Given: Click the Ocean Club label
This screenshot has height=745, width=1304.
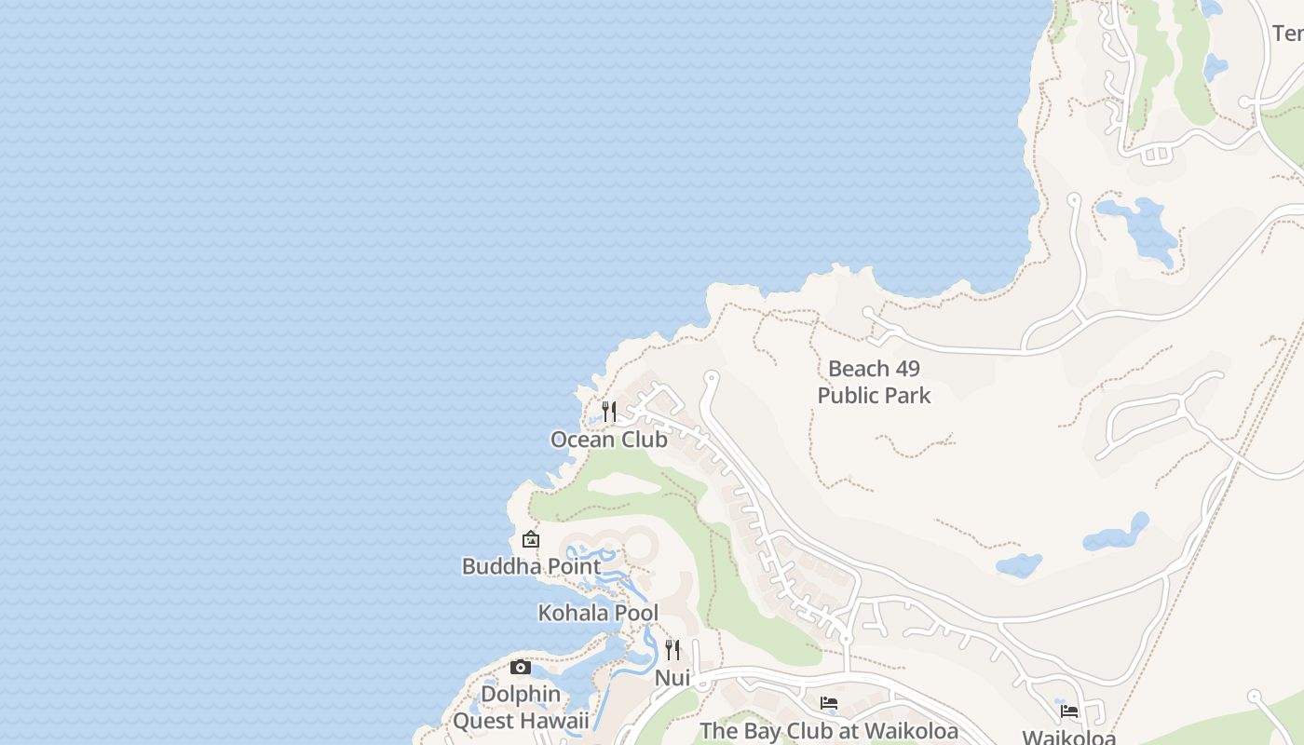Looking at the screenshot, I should point(608,440).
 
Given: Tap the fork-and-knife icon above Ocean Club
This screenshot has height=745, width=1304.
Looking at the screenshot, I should point(609,411).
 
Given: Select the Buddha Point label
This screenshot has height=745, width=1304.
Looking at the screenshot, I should point(531,565).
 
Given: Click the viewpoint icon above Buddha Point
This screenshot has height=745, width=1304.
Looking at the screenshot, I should point(531,539).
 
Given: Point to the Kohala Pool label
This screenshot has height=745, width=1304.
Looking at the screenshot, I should point(598,613).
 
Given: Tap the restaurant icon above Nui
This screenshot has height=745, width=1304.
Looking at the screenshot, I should point(672,649).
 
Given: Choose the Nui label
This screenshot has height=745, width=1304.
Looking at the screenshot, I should point(672,678).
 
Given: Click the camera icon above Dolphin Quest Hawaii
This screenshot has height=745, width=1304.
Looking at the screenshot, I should point(521,667).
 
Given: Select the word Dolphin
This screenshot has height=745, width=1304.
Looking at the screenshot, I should point(521,694).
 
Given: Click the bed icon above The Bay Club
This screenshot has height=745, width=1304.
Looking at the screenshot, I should point(829,703).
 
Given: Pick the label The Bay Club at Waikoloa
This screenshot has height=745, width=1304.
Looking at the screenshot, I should point(829,731).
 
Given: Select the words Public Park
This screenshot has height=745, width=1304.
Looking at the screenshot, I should point(874,396).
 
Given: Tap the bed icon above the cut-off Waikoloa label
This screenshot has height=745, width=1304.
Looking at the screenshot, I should point(1069,711).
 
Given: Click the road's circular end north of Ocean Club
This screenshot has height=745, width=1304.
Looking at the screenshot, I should point(712,377).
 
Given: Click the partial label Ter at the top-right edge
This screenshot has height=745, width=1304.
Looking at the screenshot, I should point(1287,34).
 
